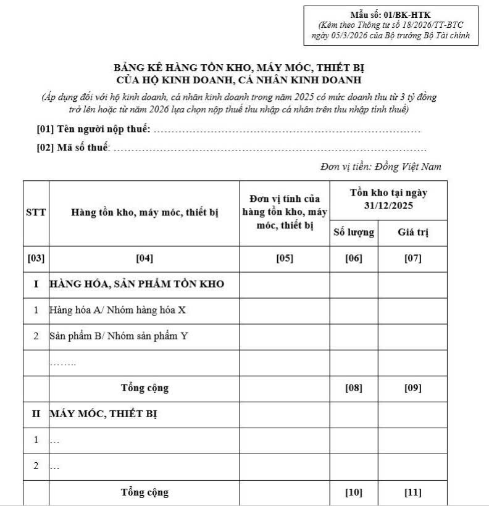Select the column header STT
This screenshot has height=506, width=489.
click(36, 213)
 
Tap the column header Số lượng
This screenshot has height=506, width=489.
click(354, 233)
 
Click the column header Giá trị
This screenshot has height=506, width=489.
click(412, 233)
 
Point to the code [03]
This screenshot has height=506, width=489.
click(36, 259)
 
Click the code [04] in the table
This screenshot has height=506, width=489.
click(144, 259)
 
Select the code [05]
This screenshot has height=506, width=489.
click(285, 259)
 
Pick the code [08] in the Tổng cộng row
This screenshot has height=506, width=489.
click(354, 388)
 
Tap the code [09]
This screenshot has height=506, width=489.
click(412, 388)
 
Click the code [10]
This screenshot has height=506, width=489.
click(354, 492)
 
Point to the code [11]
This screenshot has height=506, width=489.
click(412, 492)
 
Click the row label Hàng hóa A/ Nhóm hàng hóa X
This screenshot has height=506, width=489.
click(117, 310)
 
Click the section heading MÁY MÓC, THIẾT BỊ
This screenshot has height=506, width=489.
click(103, 414)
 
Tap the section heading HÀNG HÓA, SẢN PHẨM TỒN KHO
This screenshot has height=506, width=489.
click(136, 284)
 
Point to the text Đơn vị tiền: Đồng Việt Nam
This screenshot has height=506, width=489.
click(381, 167)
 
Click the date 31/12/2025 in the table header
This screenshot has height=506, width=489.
click(388, 205)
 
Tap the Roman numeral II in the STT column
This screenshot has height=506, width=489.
click(36, 414)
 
